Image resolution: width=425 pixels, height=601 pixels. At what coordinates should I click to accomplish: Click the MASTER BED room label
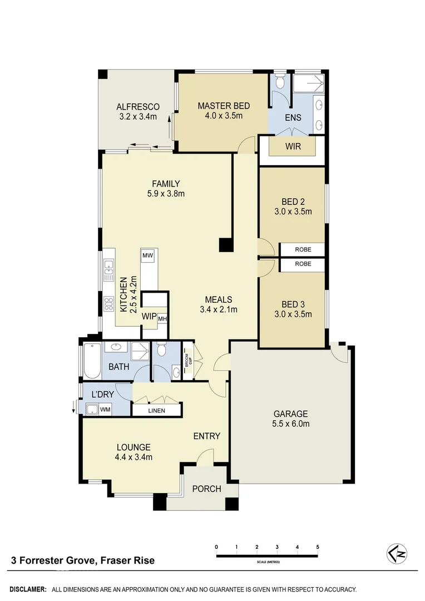pyautogui.click(x=224, y=106)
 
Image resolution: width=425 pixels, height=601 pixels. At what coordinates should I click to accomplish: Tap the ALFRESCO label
pyautogui.click(x=138, y=107)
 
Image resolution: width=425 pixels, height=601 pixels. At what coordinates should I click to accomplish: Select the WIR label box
pyautogui.click(x=293, y=147)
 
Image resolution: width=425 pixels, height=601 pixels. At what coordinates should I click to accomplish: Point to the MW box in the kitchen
pyautogui.click(x=148, y=255)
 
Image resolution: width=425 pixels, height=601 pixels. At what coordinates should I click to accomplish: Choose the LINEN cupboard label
pyautogui.click(x=156, y=411)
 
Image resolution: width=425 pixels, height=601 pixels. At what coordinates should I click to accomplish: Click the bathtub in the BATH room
pyautogui.click(x=91, y=361)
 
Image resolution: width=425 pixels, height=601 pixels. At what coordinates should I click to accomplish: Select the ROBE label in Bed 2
pyautogui.click(x=303, y=250)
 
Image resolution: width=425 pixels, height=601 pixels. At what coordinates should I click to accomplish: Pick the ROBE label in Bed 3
pyautogui.click(x=303, y=264)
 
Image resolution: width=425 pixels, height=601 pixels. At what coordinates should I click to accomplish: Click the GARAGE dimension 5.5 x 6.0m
pyautogui.click(x=290, y=423)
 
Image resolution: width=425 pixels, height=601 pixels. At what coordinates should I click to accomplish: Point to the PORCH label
pyautogui.click(x=206, y=489)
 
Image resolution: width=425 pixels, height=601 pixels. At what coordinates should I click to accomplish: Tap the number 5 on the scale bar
pyautogui.click(x=318, y=548)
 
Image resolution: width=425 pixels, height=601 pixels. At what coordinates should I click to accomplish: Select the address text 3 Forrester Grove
pyautogui.click(x=53, y=560)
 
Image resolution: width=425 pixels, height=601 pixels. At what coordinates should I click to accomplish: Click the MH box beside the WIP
pyautogui.click(x=162, y=319)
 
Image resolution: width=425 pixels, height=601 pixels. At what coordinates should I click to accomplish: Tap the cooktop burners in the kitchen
pyautogui.click(x=108, y=303)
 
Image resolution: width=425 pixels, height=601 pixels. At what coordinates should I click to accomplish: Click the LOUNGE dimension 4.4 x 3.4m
pyautogui.click(x=134, y=457)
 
